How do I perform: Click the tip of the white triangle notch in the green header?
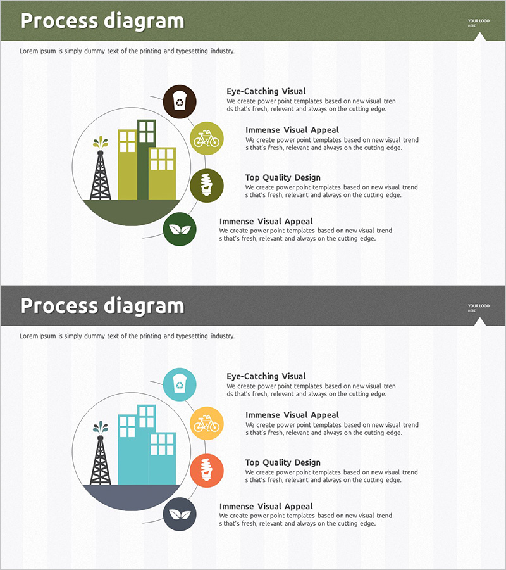click(x=480, y=32)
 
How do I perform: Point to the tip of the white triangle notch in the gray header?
click(x=480, y=317)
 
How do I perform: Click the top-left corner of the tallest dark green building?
click(x=138, y=120)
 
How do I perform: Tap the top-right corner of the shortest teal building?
click(x=176, y=433)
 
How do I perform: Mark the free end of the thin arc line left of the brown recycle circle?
click(x=150, y=96)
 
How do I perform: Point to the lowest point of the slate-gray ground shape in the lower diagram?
click(x=132, y=510)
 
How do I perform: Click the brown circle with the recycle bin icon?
click(x=180, y=102)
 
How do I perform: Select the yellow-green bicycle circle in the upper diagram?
click(x=207, y=139)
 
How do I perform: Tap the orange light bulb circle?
click(x=207, y=471)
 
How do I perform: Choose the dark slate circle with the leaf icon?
click(x=180, y=514)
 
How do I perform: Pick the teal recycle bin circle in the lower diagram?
click(x=180, y=384)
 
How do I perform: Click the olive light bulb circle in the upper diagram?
click(x=207, y=186)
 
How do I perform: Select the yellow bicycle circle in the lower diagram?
click(x=207, y=424)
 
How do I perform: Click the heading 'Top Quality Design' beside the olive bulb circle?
click(x=283, y=177)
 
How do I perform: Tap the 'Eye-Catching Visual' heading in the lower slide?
click(x=266, y=376)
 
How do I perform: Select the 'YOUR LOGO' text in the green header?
click(x=478, y=21)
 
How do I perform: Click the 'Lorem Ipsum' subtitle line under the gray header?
click(x=127, y=336)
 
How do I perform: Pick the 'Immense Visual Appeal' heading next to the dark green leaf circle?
click(x=266, y=222)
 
